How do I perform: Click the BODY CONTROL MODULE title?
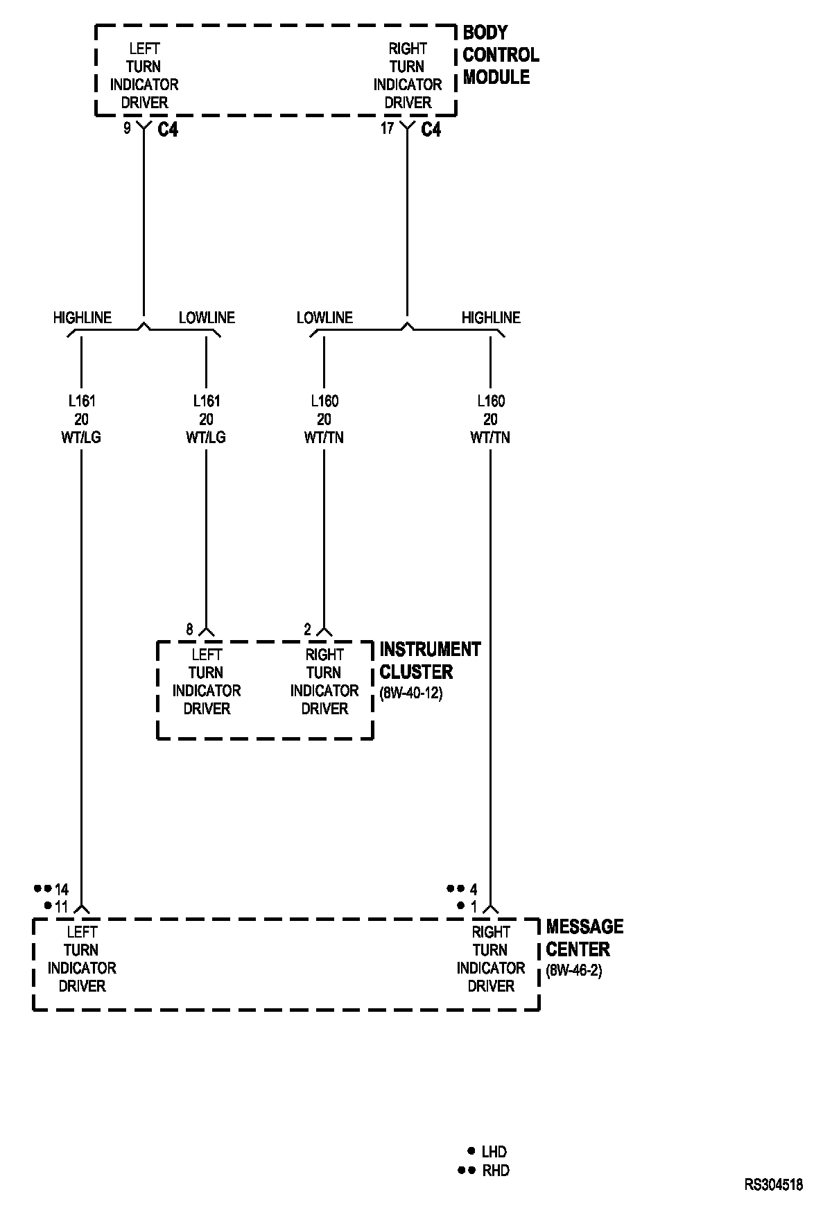[500, 55]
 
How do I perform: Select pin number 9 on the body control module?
[127, 128]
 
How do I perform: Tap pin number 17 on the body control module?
[387, 128]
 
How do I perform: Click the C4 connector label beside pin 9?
[168, 130]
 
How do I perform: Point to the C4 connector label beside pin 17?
[431, 130]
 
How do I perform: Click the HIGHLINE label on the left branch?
[82, 318]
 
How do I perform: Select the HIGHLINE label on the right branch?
[491, 318]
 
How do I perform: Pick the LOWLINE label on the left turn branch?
[207, 318]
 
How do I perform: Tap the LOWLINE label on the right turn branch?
[324, 318]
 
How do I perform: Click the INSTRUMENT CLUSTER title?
[429, 661]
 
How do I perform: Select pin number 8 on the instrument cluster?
[189, 630]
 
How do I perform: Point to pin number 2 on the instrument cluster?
[308, 630]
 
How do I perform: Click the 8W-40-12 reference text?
[411, 693]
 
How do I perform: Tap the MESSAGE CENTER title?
[584, 938]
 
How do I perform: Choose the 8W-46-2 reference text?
[574, 971]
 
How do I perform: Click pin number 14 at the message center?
[62, 889]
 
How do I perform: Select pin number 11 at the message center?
[61, 906]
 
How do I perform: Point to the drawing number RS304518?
[774, 1185]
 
